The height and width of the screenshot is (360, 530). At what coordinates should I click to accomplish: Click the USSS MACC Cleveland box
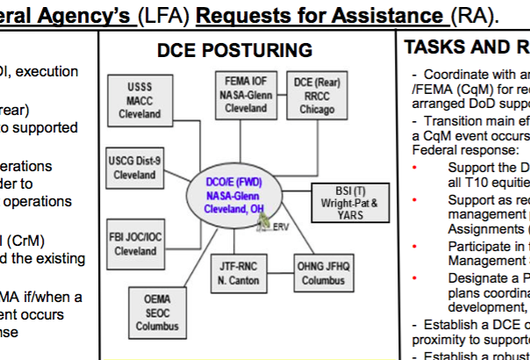tap(140, 102)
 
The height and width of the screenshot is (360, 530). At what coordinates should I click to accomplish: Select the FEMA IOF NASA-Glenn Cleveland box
tap(246, 94)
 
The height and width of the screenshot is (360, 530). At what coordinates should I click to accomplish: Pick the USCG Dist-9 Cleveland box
tap(133, 168)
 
